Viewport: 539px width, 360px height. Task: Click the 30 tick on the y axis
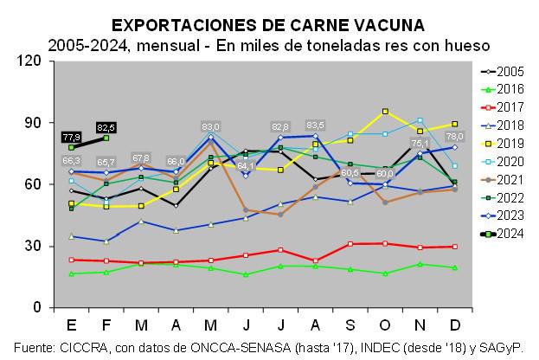coord(34,246)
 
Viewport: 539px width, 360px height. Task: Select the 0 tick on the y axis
coord(37,307)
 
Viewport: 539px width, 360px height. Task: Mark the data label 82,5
coord(106,127)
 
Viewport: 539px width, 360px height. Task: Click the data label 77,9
coord(72,137)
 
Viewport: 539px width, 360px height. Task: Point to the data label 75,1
coord(420,144)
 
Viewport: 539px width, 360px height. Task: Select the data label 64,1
coord(246,165)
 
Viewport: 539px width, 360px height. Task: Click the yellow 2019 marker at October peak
coord(385,112)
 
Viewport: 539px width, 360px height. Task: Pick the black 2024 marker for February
coord(106,138)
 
